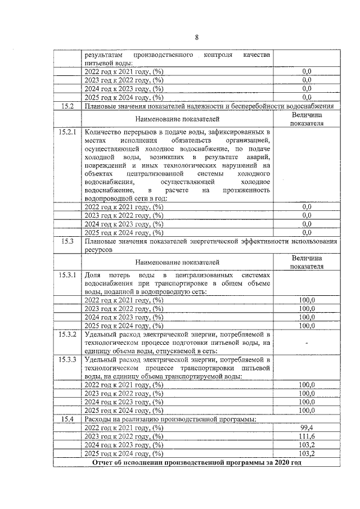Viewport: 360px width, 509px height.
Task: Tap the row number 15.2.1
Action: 67,132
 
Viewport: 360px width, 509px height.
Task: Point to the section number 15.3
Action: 67,241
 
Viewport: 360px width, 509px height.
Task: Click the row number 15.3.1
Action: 67,275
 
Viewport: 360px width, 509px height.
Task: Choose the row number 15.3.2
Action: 67,334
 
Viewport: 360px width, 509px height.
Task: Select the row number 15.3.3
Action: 67,359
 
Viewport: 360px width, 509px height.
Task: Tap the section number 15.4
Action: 67,419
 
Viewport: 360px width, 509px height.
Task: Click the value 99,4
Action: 307,428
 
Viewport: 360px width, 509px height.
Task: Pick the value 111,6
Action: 307,436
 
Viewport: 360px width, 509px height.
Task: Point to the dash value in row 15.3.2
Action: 307,343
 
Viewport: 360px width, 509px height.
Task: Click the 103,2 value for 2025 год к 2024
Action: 307,453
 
